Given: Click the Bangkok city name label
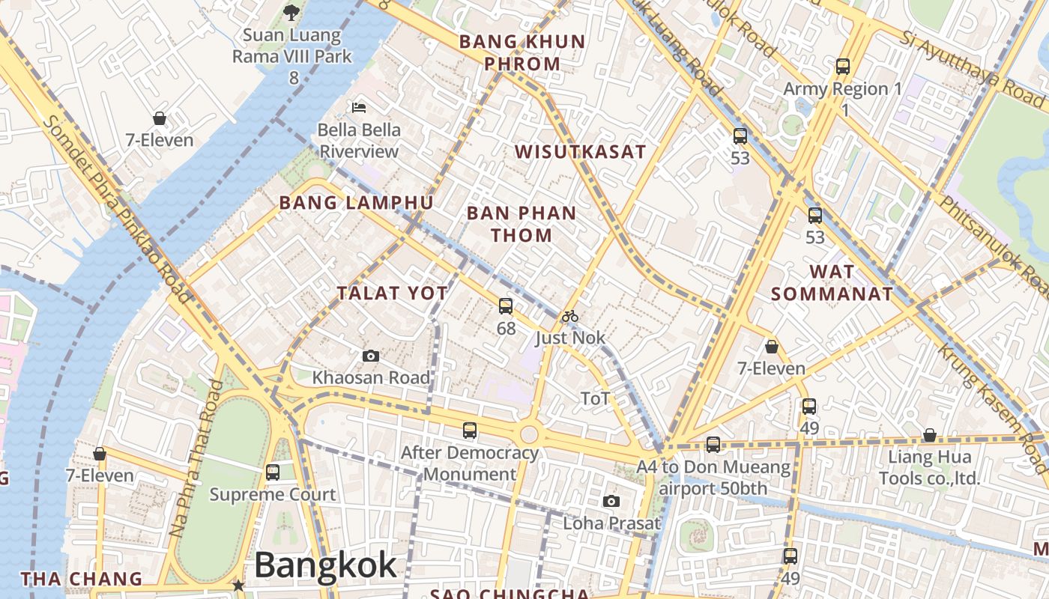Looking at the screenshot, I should [x=325, y=565].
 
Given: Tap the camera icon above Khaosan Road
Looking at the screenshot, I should [x=370, y=356].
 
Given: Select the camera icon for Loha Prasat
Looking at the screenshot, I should [x=611, y=502].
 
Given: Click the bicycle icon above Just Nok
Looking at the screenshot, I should [x=570, y=316].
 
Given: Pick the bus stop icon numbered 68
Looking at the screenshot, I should [x=506, y=305].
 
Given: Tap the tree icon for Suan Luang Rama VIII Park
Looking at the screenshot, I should [x=291, y=12].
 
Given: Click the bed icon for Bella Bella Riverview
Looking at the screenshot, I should [x=359, y=107].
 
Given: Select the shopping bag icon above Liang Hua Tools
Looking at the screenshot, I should [x=929, y=435].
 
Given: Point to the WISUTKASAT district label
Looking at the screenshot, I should [x=580, y=152].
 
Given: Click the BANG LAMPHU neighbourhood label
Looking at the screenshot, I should [x=356, y=203].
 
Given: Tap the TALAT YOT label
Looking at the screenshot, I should [x=392, y=294].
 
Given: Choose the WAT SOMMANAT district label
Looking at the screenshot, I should [x=832, y=283].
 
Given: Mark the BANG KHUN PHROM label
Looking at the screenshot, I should [x=522, y=52].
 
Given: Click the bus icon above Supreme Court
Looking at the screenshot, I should [x=273, y=472].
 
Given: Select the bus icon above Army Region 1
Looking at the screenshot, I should [x=843, y=67].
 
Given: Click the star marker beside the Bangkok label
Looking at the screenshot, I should [x=238, y=585].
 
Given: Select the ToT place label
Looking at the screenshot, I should [x=596, y=399].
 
